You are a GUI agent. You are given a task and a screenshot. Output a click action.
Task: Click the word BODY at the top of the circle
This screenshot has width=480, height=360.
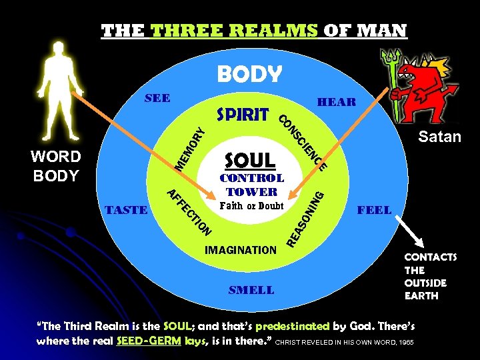[x=249, y=74]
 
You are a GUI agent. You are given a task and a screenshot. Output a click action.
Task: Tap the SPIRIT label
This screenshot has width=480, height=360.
[x=243, y=114]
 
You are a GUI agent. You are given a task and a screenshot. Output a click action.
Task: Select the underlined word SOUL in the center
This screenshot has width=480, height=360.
[x=250, y=160]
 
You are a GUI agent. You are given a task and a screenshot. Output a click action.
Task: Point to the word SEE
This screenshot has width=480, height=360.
[x=158, y=98]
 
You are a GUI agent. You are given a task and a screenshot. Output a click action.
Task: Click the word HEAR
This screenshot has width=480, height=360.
[x=337, y=102]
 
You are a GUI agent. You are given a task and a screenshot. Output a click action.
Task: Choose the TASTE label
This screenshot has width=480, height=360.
[x=127, y=209]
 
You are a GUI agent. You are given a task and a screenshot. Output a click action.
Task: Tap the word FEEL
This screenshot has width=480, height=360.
[x=375, y=209]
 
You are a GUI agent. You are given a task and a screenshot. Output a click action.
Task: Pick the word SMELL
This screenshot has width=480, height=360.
[x=251, y=290]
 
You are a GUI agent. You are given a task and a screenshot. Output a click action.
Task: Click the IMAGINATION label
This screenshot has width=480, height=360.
[x=241, y=250]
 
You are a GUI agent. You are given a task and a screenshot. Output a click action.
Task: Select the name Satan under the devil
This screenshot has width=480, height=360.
[x=439, y=137]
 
